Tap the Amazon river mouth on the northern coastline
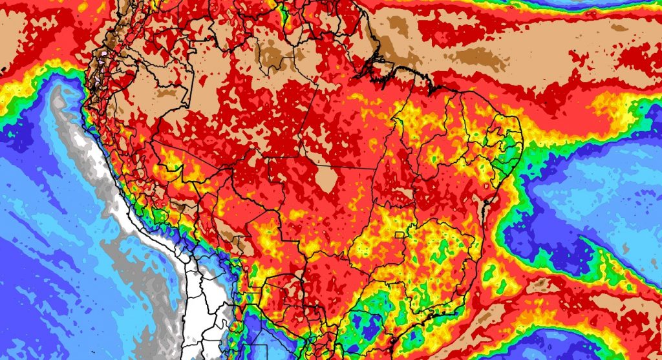click(381, 65)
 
